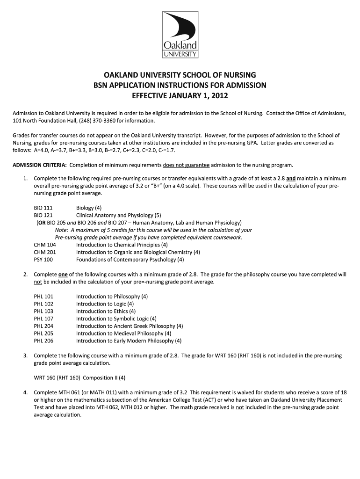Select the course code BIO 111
click(43, 208)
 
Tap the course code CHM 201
click(45, 252)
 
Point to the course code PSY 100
click(43, 260)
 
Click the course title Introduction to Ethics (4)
click(106, 311)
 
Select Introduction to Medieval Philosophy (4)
click(123, 334)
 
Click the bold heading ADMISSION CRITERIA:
click(40, 165)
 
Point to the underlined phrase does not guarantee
click(187, 165)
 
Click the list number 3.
click(25, 356)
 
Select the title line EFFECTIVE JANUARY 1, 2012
click(180, 96)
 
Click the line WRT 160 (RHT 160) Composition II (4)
click(79, 377)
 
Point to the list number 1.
click(25, 178)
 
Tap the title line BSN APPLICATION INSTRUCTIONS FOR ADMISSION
click(180, 86)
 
